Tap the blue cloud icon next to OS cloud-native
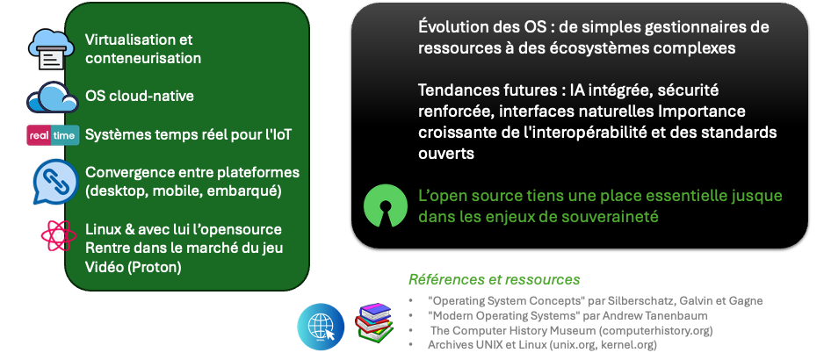pos(53,97)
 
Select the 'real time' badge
pos(53,135)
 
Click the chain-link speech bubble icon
pos(55,181)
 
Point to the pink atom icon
pos(59,235)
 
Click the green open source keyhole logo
pos(385,205)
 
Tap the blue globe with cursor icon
pos(321,327)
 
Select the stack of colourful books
pos(373,323)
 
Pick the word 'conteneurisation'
pos(143,58)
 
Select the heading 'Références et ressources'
pos(494,279)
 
